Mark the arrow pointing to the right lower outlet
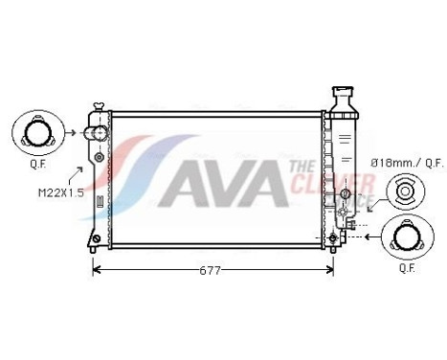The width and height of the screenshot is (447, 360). tap(369, 234)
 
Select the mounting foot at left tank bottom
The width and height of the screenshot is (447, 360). tap(94, 238)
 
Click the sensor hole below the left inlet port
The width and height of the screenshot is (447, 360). tap(99, 156)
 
